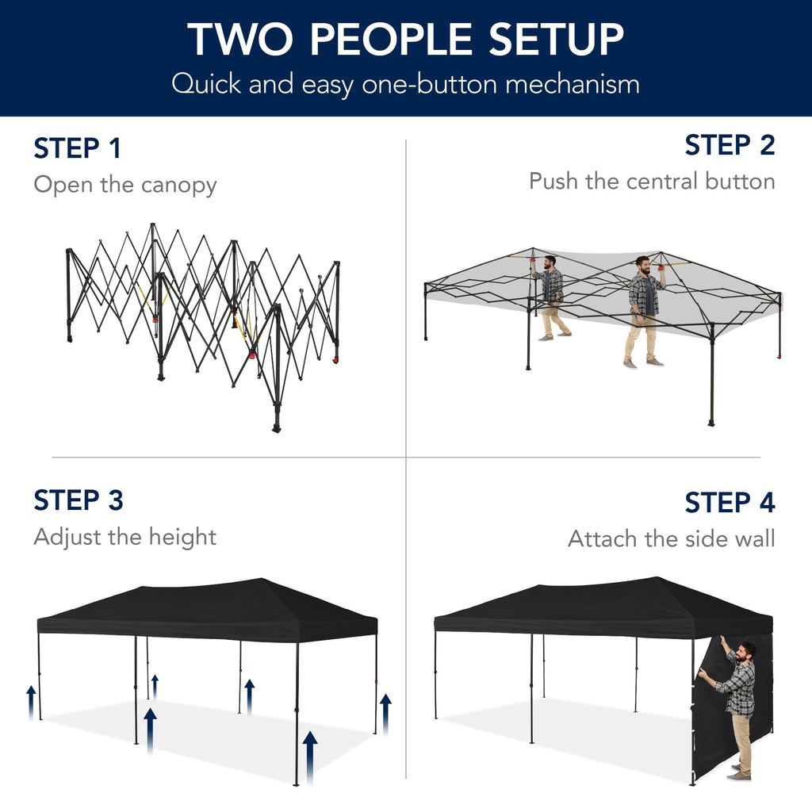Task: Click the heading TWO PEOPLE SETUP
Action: [405, 39]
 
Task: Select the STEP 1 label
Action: [77, 148]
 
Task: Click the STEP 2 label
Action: [730, 145]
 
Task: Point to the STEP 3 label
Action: [79, 500]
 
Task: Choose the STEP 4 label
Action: [730, 503]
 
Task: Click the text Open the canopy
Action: [124, 185]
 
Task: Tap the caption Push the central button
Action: [652, 182]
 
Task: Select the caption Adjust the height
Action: [124, 537]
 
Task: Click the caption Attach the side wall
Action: [671, 539]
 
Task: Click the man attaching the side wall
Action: [737, 706]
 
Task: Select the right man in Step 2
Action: [645, 309]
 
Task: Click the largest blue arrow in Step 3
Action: [310, 757]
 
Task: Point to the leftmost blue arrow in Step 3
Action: [31, 702]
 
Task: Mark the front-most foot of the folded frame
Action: [277, 427]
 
